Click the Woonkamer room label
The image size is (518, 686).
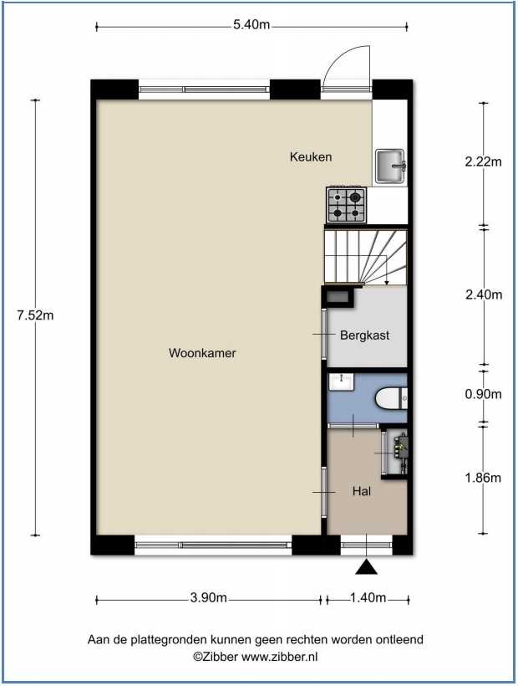202,353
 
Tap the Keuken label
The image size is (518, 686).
311,156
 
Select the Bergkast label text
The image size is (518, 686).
365,335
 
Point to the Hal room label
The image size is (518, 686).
362,491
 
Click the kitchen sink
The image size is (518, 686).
390,166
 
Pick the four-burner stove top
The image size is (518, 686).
347,205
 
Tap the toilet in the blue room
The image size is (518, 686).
391,398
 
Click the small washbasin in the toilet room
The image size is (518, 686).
342,382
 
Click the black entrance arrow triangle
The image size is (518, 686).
366,567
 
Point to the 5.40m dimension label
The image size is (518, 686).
251,24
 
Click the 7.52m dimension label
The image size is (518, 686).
35,315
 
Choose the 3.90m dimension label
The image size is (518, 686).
208,597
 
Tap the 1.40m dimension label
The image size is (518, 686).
368,597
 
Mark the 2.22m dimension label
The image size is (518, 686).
484,161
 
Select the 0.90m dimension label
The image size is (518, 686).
484,394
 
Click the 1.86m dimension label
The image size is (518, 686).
484,478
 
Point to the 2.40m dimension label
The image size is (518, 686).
484,294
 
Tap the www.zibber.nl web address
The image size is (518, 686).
280,657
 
